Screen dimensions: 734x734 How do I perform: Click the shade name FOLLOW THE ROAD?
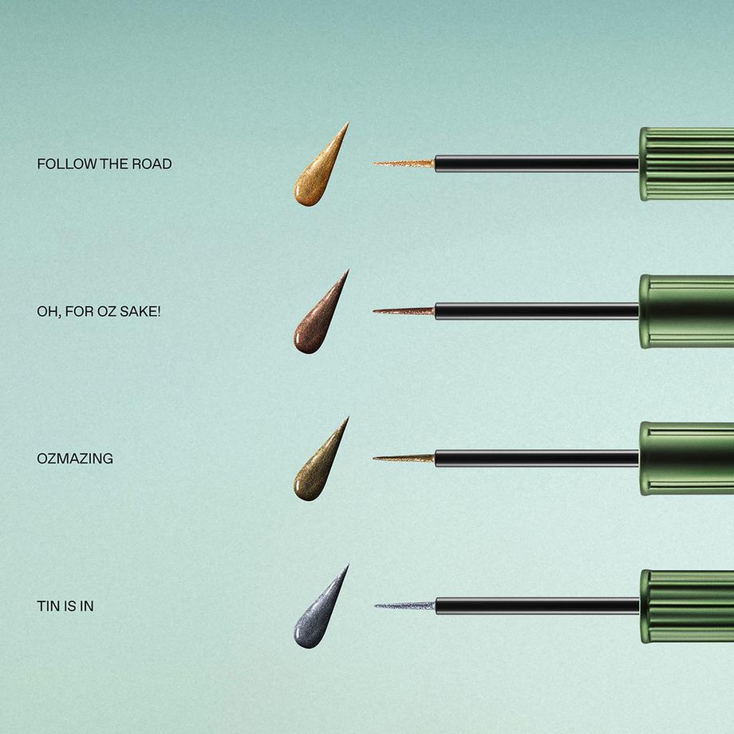pyautogui.click(x=105, y=164)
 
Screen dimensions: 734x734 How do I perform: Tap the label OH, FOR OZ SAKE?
pyautogui.click(x=99, y=311)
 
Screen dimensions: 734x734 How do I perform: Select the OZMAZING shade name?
pyautogui.click(x=75, y=459)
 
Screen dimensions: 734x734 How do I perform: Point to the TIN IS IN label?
pyautogui.click(x=65, y=606)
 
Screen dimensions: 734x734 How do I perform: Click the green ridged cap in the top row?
pyautogui.click(x=687, y=164)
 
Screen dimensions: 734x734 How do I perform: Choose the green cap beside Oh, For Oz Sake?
pyautogui.click(x=687, y=311)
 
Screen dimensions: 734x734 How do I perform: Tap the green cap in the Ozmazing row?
pyautogui.click(x=687, y=459)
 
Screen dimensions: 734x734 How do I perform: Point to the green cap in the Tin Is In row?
pyautogui.click(x=687, y=606)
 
